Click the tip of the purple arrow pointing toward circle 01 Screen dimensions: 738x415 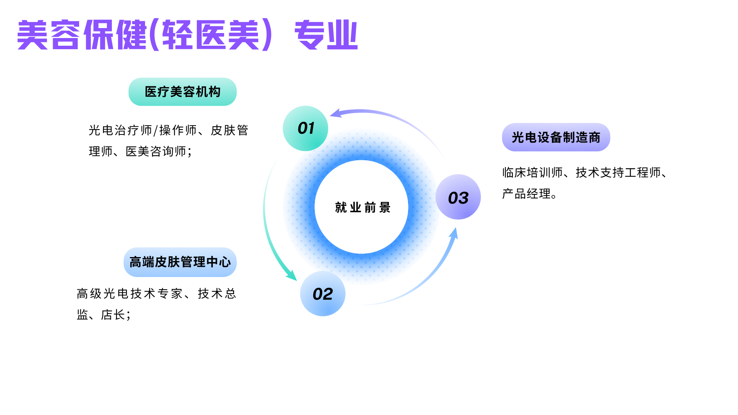click(x=330, y=115)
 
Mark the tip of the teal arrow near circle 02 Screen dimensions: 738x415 click(x=297, y=281)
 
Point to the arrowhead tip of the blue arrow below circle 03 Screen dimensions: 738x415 click(x=456, y=227)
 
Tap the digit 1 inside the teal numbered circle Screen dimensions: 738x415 click(x=311, y=128)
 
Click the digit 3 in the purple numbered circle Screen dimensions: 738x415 click(x=464, y=198)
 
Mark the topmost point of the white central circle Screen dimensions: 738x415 click(x=361, y=160)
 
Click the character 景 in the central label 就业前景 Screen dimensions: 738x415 click(x=385, y=207)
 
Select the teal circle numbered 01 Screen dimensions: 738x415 click(x=306, y=128)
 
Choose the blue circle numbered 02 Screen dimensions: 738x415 click(x=323, y=294)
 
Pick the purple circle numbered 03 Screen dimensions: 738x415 click(x=458, y=197)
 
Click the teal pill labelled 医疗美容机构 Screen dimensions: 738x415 click(x=183, y=92)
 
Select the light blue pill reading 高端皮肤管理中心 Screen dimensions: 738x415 click(x=180, y=262)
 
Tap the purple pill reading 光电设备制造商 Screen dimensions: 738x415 click(x=556, y=137)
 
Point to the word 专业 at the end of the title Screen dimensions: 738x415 click(x=326, y=35)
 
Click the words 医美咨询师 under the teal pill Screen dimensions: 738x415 click(x=156, y=151)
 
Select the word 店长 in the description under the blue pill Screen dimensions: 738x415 click(x=113, y=315)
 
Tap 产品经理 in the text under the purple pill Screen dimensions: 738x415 click(x=527, y=194)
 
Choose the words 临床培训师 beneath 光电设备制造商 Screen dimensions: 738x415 click(x=533, y=173)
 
